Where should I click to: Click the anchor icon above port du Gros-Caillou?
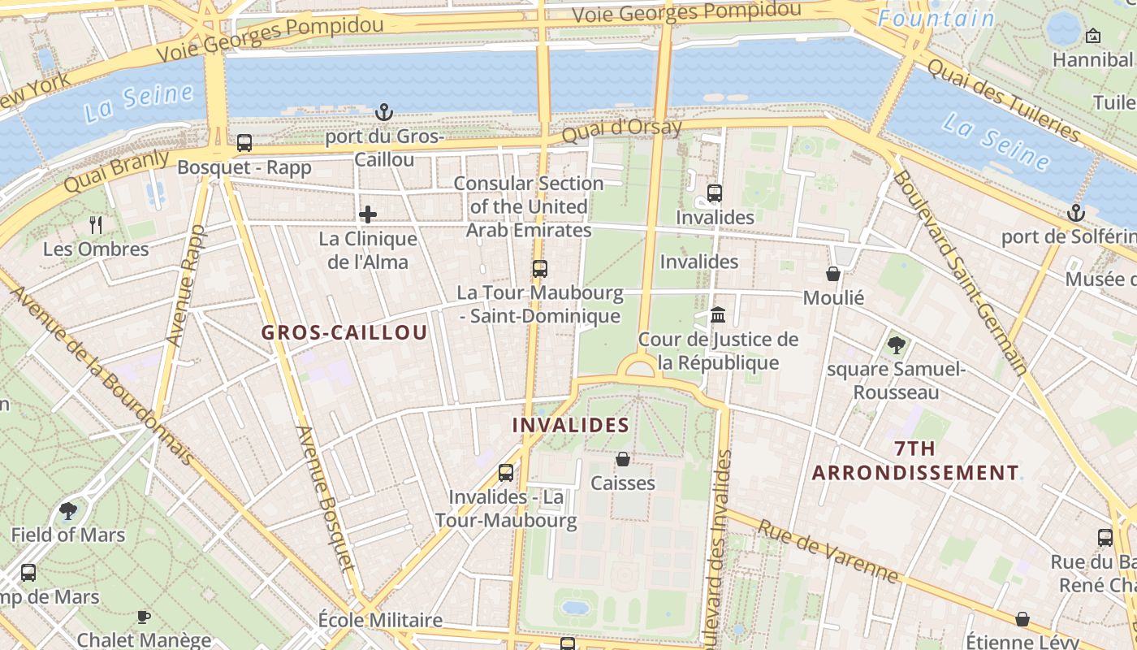click(383, 111)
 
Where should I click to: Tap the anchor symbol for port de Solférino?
click(1075, 213)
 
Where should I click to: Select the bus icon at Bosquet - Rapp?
click(244, 143)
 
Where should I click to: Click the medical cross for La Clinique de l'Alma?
click(368, 214)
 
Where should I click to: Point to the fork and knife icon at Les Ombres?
click(97, 224)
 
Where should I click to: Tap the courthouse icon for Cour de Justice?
click(718, 314)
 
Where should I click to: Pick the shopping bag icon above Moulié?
click(833, 274)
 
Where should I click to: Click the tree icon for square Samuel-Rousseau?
click(897, 345)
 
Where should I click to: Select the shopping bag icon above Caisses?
click(623, 459)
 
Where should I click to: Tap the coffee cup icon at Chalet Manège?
click(144, 617)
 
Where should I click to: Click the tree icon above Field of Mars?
click(68, 511)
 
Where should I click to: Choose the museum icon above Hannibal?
click(1093, 36)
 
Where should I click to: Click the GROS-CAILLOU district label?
click(344, 332)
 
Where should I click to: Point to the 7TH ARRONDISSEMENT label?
click(915, 461)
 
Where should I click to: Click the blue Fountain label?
click(936, 19)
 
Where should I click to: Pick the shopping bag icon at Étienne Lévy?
click(1022, 619)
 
